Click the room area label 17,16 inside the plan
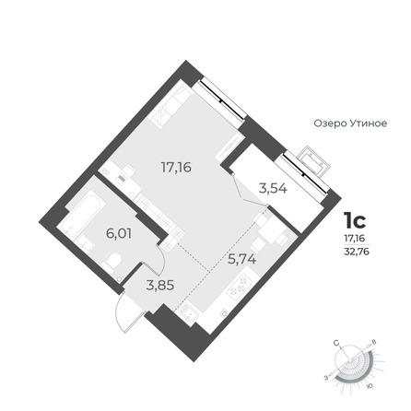click(x=176, y=168)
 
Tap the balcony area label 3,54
click(x=273, y=189)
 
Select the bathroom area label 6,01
click(x=119, y=234)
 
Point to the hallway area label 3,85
click(x=160, y=286)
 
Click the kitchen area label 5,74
click(x=241, y=259)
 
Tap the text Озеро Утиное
click(x=350, y=123)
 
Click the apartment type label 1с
click(x=355, y=220)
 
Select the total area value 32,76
click(x=357, y=252)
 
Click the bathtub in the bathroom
click(x=82, y=213)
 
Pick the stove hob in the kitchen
click(x=240, y=284)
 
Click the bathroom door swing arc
click(x=163, y=257)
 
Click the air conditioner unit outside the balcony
click(x=315, y=161)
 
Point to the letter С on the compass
click(x=337, y=343)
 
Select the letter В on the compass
click(x=374, y=342)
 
